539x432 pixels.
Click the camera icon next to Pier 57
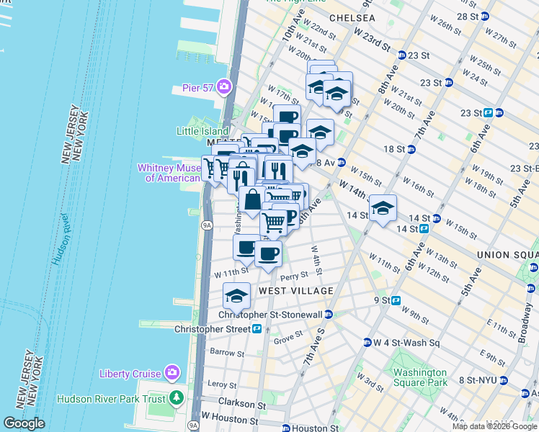[224, 88]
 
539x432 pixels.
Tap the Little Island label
[202, 131]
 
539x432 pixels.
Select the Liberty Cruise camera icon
[172, 373]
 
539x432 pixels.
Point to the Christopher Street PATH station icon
[257, 328]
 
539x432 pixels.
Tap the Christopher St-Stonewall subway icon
[329, 315]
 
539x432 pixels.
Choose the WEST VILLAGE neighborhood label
[296, 291]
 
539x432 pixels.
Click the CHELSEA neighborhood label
[352, 17]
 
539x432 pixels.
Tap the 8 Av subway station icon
[341, 163]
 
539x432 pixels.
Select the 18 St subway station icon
[411, 149]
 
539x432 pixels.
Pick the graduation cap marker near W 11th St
[236, 296]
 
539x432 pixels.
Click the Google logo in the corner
[23, 423]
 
